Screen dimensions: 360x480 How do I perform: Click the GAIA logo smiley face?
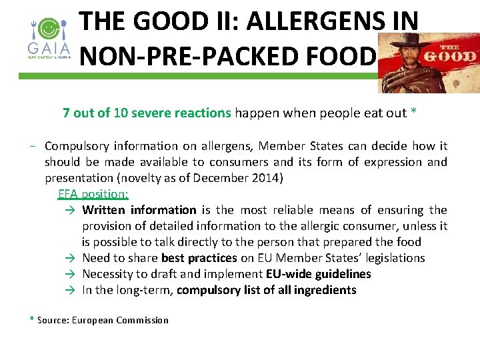coord(47,29)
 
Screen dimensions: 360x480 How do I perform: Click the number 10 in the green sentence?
coord(121,113)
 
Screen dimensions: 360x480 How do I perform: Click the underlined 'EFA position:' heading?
coord(93,194)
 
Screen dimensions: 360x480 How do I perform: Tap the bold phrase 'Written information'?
coord(139,210)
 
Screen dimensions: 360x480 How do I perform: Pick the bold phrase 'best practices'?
coord(199,258)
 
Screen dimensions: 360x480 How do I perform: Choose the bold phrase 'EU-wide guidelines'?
coord(318,274)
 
